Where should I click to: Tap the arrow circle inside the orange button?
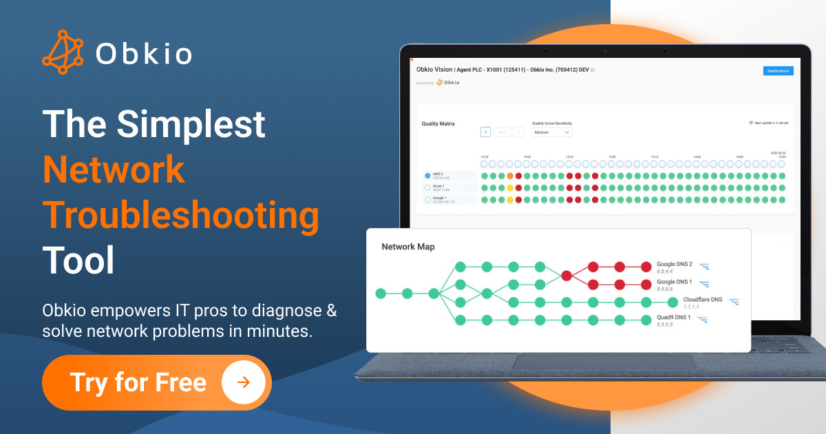tap(244, 382)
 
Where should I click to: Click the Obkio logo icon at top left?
tap(63, 52)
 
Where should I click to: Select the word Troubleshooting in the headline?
tap(181, 216)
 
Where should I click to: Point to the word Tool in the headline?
tap(78, 261)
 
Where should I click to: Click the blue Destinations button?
tap(779, 70)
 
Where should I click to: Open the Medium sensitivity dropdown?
tap(552, 132)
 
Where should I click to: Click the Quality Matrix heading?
tap(438, 124)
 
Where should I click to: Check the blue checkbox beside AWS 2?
tap(427, 176)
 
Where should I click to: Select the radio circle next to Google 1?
tap(427, 200)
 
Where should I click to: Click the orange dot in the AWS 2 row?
tap(510, 176)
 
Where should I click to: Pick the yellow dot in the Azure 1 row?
tap(510, 188)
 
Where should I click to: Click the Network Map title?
tap(408, 247)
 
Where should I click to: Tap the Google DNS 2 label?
tap(674, 265)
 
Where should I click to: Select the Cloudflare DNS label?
tap(702, 300)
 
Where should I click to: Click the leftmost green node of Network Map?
tap(381, 293)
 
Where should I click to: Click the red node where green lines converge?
tap(566, 276)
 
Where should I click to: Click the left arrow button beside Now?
tap(485, 132)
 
